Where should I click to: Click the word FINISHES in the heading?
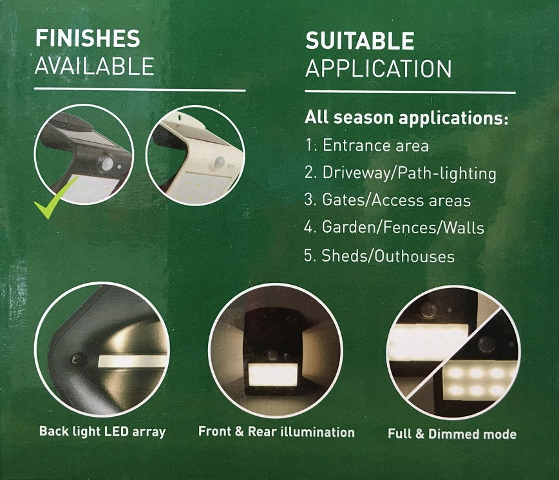coord(87,39)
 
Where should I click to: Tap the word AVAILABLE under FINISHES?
coord(94,66)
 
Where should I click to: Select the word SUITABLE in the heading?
coord(359,41)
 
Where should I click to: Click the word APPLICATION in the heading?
coord(378,68)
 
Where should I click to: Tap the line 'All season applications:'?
coord(406,119)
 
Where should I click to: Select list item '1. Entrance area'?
coord(366,146)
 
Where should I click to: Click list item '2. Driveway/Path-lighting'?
coord(399,173)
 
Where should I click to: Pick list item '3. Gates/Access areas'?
coord(386,200)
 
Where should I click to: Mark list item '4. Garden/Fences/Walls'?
coord(393,228)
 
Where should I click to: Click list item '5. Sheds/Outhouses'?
coord(379,256)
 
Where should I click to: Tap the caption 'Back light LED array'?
coord(102,431)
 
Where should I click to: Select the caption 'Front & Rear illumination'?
coord(276,432)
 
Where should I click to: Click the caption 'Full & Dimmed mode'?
coord(452,434)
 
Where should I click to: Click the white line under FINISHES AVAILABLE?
coord(140,90)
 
